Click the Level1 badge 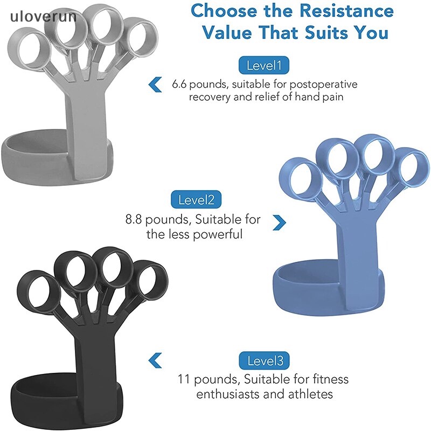coord(264,66)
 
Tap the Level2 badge coord(196,200)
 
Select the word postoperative coord(323,85)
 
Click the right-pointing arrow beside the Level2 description coord(279,221)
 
